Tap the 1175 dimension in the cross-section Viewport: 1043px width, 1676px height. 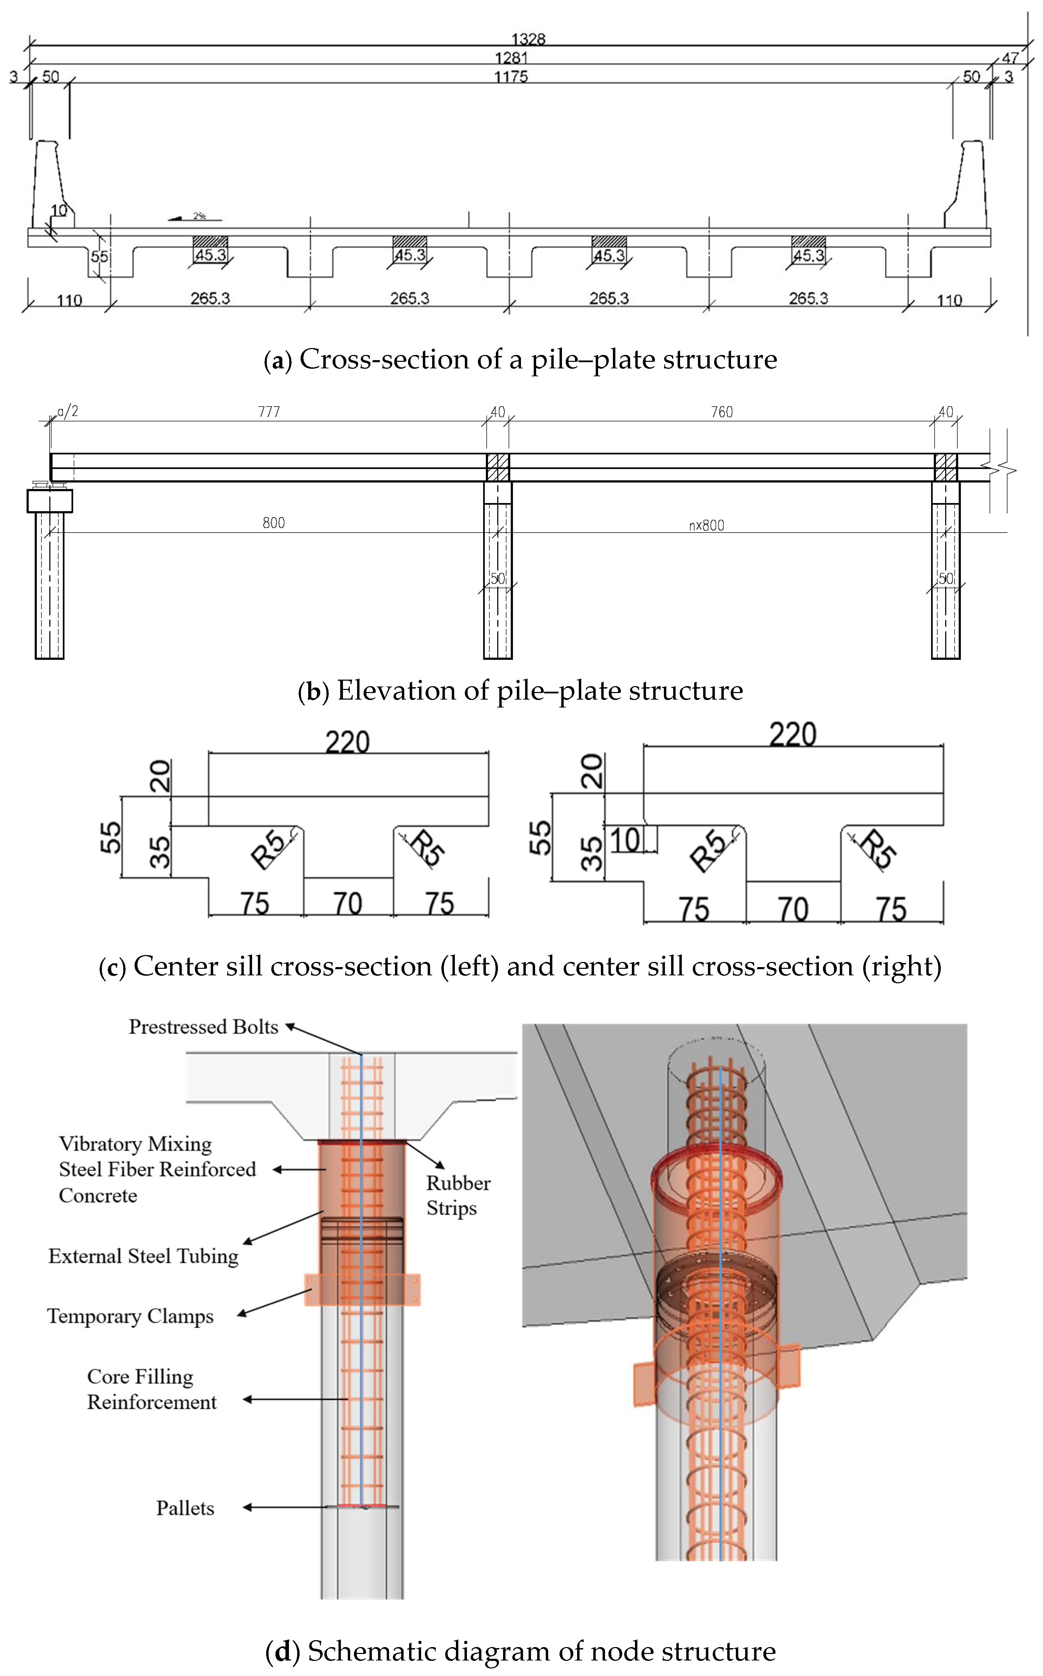(510, 76)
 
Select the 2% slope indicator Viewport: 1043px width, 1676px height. (195, 217)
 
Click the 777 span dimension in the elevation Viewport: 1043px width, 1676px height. (269, 412)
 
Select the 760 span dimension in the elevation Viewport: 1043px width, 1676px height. (721, 412)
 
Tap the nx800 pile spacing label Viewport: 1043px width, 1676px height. (706, 526)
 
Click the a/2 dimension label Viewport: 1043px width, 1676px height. (67, 411)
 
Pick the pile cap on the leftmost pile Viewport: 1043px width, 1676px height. (50, 501)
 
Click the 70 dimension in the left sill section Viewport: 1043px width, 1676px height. (348, 903)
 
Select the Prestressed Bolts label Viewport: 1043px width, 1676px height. (204, 1027)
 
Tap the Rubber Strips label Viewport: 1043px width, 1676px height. (458, 1195)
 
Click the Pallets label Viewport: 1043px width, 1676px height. (185, 1508)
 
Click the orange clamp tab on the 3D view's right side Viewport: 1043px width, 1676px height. (789, 1366)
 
